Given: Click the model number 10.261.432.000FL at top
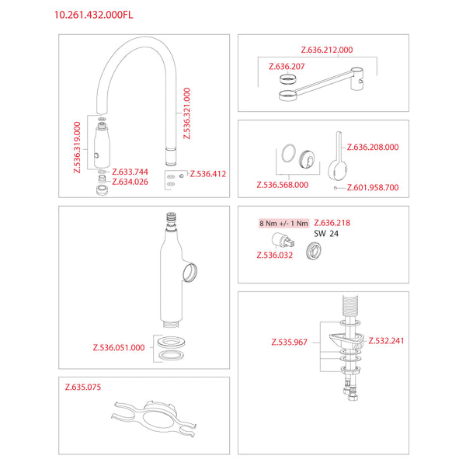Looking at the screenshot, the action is point(94,15).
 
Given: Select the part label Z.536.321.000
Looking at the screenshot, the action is point(186,113).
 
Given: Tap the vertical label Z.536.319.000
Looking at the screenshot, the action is point(77,147).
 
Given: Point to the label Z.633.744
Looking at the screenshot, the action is point(130,172).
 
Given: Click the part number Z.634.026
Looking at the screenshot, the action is point(130,182).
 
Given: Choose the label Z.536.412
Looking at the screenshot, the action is point(208,174).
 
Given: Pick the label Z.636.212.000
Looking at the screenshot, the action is point(327,50).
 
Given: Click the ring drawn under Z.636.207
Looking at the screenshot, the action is point(288,79).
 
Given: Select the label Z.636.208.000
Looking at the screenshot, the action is point(373,147).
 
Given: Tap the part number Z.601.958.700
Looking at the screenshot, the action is point(373,187).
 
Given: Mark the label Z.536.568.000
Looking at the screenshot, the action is point(283,185).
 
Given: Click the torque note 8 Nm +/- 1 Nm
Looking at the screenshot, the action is point(283,223).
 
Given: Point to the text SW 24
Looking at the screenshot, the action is point(326,234).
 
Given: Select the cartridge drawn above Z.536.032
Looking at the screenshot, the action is point(283,241).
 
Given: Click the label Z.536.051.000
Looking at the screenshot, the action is point(119,347).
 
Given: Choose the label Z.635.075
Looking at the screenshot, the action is point(83,387).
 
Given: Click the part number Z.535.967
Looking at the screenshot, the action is point(289,342).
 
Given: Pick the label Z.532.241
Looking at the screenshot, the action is point(386,341).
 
